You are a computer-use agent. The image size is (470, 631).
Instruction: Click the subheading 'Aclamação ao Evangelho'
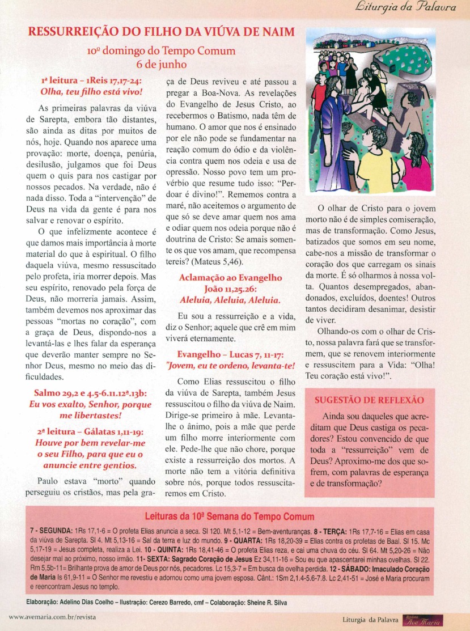[230, 278]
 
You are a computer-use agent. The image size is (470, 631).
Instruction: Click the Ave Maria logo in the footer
[422, 620]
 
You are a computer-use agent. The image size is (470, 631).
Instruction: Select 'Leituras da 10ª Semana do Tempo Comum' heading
[230, 516]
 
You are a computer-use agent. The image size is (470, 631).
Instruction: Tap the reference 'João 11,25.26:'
[230, 289]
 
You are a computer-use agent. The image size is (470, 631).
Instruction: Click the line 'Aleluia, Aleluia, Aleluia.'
[230, 300]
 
